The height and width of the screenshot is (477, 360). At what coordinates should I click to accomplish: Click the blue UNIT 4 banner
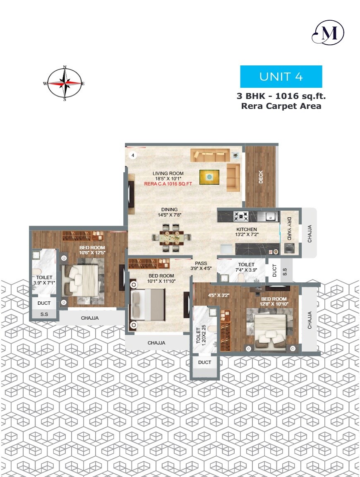pos(281,77)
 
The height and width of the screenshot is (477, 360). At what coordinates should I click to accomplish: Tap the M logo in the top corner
pos(328,33)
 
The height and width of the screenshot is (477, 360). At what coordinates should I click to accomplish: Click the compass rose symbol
pos(65,83)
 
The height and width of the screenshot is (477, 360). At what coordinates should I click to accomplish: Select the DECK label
pos(261,177)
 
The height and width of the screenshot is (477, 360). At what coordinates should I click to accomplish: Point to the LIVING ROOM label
pos(168,173)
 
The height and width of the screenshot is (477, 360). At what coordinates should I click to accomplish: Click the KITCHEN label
pos(247,229)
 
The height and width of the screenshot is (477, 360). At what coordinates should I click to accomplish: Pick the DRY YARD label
pos(289,229)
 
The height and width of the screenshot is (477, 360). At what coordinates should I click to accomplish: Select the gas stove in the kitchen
pos(241,216)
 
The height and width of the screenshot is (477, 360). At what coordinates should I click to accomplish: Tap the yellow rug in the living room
pos(210,177)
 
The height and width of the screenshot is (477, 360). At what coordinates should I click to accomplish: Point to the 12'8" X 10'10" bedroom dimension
pos(274,304)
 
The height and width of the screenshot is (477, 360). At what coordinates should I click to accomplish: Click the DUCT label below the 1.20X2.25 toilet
pos(204,362)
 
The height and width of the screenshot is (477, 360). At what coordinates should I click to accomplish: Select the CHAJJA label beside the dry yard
pos(310,234)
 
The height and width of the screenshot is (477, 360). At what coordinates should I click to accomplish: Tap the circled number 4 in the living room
pos(133,155)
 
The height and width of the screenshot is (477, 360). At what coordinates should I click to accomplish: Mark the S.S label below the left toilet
pos(44,315)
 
